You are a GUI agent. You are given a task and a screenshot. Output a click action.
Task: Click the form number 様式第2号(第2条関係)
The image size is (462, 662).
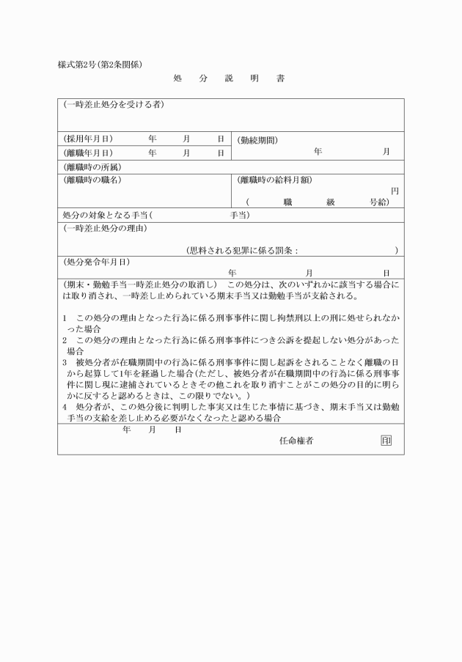click(x=106, y=64)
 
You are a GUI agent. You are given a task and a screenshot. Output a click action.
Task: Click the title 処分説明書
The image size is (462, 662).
click(x=230, y=78)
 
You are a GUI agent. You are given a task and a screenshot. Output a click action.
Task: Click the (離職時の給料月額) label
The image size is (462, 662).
click(x=272, y=179)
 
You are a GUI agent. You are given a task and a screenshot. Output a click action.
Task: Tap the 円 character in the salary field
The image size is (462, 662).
click(x=395, y=191)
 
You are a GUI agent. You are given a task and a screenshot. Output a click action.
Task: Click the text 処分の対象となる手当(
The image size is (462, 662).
click(x=106, y=216)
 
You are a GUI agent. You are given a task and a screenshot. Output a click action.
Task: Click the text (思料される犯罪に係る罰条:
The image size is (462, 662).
click(x=243, y=250)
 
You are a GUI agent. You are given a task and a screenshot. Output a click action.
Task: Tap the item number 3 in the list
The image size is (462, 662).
click(x=65, y=362)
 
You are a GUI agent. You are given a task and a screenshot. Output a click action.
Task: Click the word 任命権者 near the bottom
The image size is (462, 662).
click(x=297, y=441)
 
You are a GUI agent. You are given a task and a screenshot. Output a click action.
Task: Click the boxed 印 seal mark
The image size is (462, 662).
click(x=386, y=441)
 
